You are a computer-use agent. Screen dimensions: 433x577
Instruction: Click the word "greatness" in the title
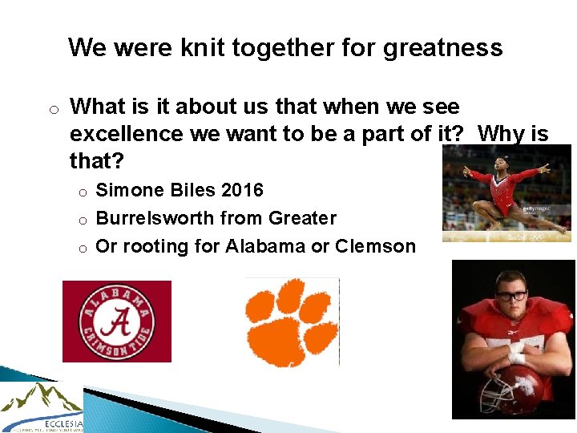tap(443, 48)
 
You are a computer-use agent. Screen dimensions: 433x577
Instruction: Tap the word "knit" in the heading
tap(203, 48)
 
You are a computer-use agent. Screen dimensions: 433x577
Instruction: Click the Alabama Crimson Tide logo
tap(117, 322)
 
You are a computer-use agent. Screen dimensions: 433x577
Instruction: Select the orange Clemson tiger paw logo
tap(292, 322)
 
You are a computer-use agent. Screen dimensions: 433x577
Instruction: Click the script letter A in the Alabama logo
tap(117, 322)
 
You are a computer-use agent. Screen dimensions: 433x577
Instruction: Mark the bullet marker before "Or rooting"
tap(82, 247)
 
